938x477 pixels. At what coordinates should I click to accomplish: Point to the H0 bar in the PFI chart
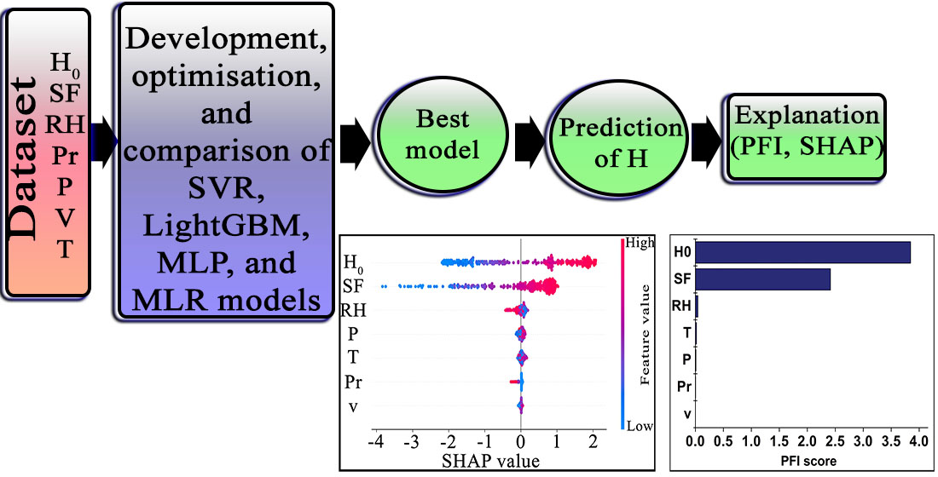tap(803, 252)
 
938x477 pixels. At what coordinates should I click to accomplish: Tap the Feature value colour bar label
tap(646, 332)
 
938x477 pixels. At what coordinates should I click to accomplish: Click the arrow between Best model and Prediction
tap(530, 136)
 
